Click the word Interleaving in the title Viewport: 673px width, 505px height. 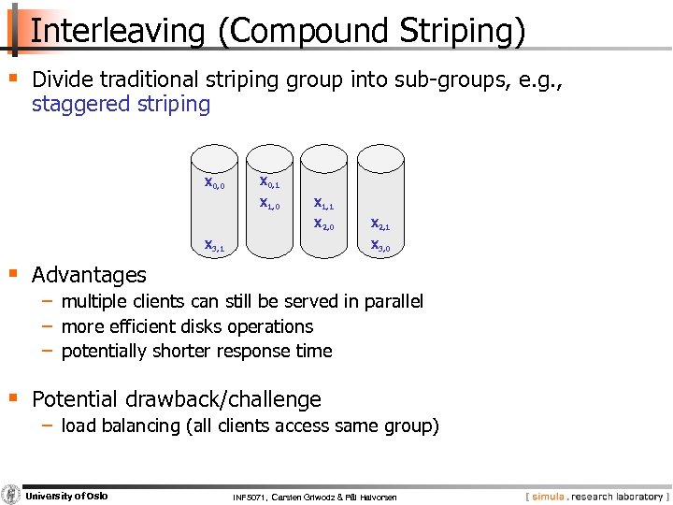click(x=117, y=31)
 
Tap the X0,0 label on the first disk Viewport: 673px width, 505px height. click(x=214, y=182)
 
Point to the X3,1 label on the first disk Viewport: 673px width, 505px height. click(x=214, y=246)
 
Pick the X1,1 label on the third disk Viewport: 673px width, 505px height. click(x=323, y=203)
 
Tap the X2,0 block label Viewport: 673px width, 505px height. click(x=323, y=224)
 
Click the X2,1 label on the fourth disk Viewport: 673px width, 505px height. click(x=380, y=224)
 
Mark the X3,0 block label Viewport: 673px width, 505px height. click(x=380, y=246)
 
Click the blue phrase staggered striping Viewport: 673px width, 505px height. click(x=121, y=104)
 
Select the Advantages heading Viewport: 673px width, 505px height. click(x=89, y=275)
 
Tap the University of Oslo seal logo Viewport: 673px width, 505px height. click(x=11, y=495)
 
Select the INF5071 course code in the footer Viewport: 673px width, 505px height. click(x=250, y=497)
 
